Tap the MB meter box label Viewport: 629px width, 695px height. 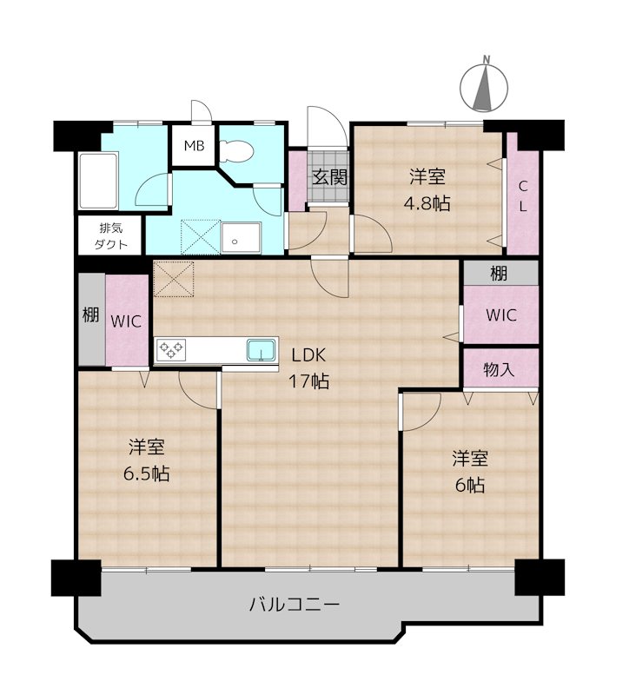pyautogui.click(x=194, y=146)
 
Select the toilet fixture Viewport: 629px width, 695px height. pyautogui.click(x=235, y=152)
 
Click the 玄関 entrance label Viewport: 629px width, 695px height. pyautogui.click(x=329, y=178)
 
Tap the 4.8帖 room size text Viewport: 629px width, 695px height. pyautogui.click(x=428, y=204)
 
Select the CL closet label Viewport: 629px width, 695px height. pyautogui.click(x=523, y=196)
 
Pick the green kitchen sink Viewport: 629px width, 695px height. pyautogui.click(x=261, y=350)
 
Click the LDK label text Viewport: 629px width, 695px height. pyautogui.click(x=309, y=355)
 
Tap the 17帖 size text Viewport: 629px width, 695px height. pyautogui.click(x=309, y=381)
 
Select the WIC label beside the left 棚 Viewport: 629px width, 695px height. pyautogui.click(x=127, y=320)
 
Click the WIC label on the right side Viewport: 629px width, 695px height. pyautogui.click(x=500, y=315)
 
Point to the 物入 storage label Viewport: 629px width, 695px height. pyautogui.click(x=500, y=368)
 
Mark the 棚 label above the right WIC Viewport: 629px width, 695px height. pyautogui.click(x=499, y=274)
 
